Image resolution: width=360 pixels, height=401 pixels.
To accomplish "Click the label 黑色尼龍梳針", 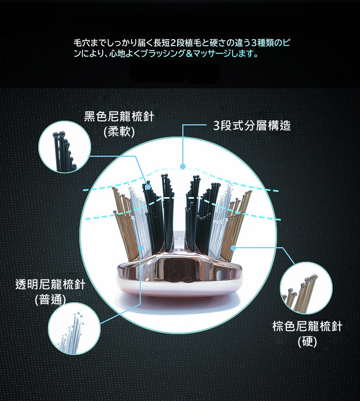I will (119, 117).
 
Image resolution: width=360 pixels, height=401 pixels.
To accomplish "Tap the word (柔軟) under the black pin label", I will (119, 132).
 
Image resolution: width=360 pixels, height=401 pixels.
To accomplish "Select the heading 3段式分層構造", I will (252, 126).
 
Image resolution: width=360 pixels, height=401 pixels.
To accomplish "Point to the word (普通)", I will (51, 300).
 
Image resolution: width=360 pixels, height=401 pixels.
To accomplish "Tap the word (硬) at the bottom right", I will (307, 341).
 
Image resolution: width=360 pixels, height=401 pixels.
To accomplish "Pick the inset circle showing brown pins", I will (306, 288).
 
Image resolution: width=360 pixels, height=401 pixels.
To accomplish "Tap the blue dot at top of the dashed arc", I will (183, 166).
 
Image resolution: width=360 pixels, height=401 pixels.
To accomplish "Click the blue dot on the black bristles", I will (148, 186).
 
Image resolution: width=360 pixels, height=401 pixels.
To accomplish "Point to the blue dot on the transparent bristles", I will (142, 248).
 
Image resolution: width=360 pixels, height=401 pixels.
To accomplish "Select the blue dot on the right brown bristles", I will (233, 248).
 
